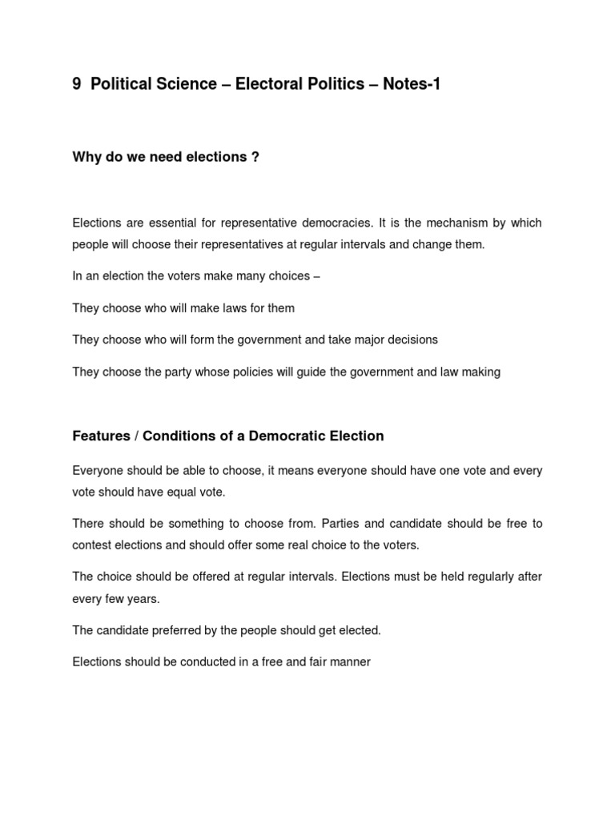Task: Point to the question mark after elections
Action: click(255, 157)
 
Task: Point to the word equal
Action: click(179, 492)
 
